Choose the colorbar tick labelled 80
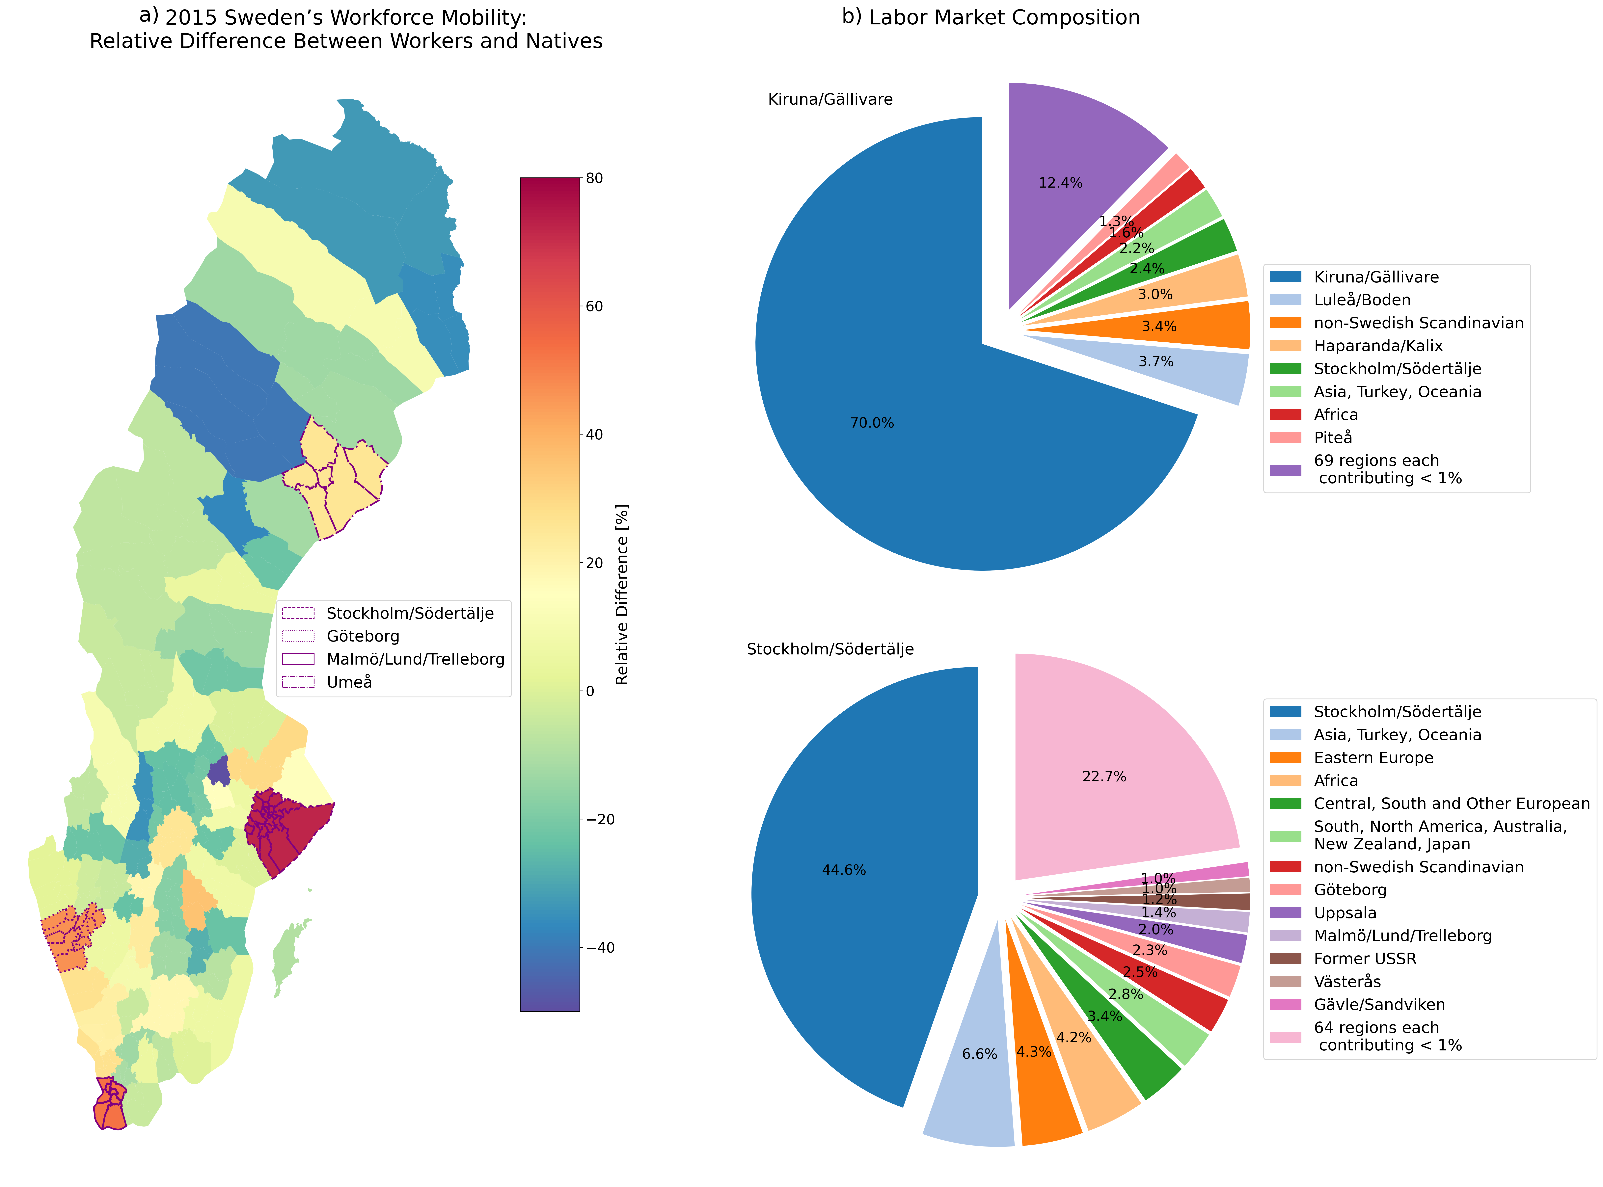point(594,178)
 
